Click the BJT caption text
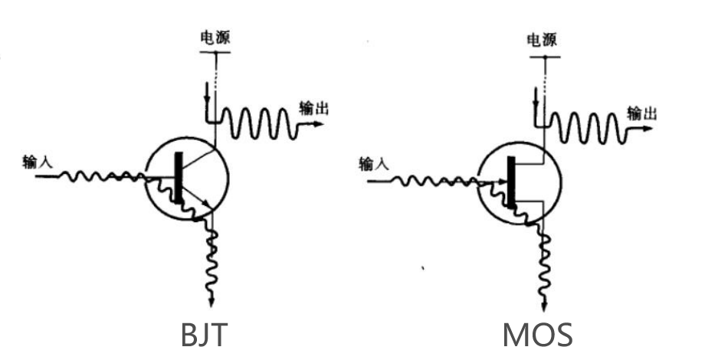tap(204, 336)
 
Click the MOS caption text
tap(537, 336)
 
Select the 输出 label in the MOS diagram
tap(641, 113)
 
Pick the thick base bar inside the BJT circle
tap(179, 178)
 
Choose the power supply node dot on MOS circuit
tap(544, 57)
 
